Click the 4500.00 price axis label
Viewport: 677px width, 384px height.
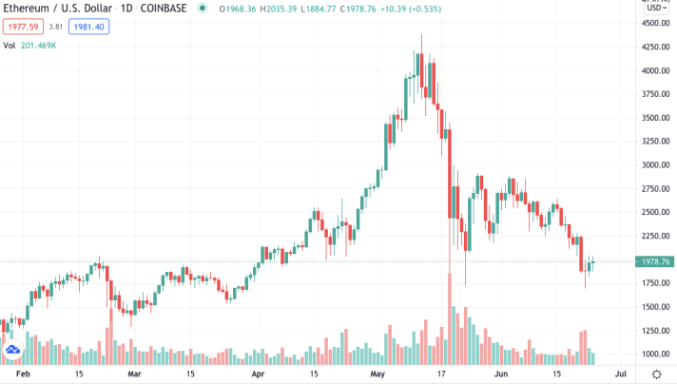click(654, 23)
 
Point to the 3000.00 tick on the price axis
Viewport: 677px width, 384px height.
click(654, 164)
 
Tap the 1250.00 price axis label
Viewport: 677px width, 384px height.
click(654, 330)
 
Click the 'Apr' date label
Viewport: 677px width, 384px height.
click(259, 374)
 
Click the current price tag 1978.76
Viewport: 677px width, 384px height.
click(656, 261)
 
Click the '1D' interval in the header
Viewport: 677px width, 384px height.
click(121, 9)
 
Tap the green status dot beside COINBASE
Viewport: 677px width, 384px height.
click(202, 9)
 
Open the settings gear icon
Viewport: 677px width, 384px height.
click(656, 374)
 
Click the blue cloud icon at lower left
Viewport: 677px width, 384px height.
click(13, 351)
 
